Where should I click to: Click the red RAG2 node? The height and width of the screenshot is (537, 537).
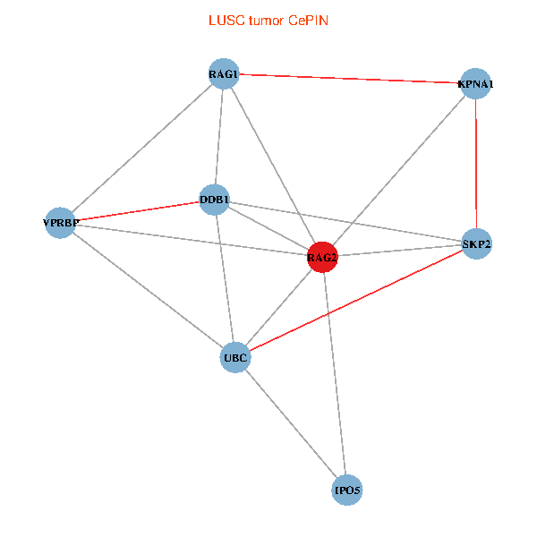[322, 258]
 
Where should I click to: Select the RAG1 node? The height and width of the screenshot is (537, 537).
[224, 74]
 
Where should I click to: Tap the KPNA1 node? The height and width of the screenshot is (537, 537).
[475, 84]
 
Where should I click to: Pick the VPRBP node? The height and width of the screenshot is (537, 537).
[61, 222]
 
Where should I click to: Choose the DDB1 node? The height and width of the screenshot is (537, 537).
[215, 200]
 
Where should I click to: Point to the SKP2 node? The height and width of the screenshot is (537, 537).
[476, 243]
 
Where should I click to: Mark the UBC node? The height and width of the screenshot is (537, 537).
[234, 357]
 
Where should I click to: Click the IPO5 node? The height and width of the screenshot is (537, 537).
[347, 490]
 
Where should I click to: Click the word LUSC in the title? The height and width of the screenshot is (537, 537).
[225, 20]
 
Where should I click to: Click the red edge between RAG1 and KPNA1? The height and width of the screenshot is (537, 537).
[349, 79]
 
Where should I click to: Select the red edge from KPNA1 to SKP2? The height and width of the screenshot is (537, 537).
[476, 164]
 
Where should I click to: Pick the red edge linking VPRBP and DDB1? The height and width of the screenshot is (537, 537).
[138, 211]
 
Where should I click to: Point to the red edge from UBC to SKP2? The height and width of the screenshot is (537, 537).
[355, 301]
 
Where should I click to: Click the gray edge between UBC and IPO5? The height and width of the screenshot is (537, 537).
[291, 424]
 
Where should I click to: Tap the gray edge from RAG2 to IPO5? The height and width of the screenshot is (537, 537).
[335, 374]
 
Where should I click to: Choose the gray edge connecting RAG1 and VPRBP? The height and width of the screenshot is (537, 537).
[142, 148]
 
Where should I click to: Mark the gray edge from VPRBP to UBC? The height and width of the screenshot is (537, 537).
[148, 290]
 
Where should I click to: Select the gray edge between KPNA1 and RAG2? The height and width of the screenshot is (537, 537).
[399, 171]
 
